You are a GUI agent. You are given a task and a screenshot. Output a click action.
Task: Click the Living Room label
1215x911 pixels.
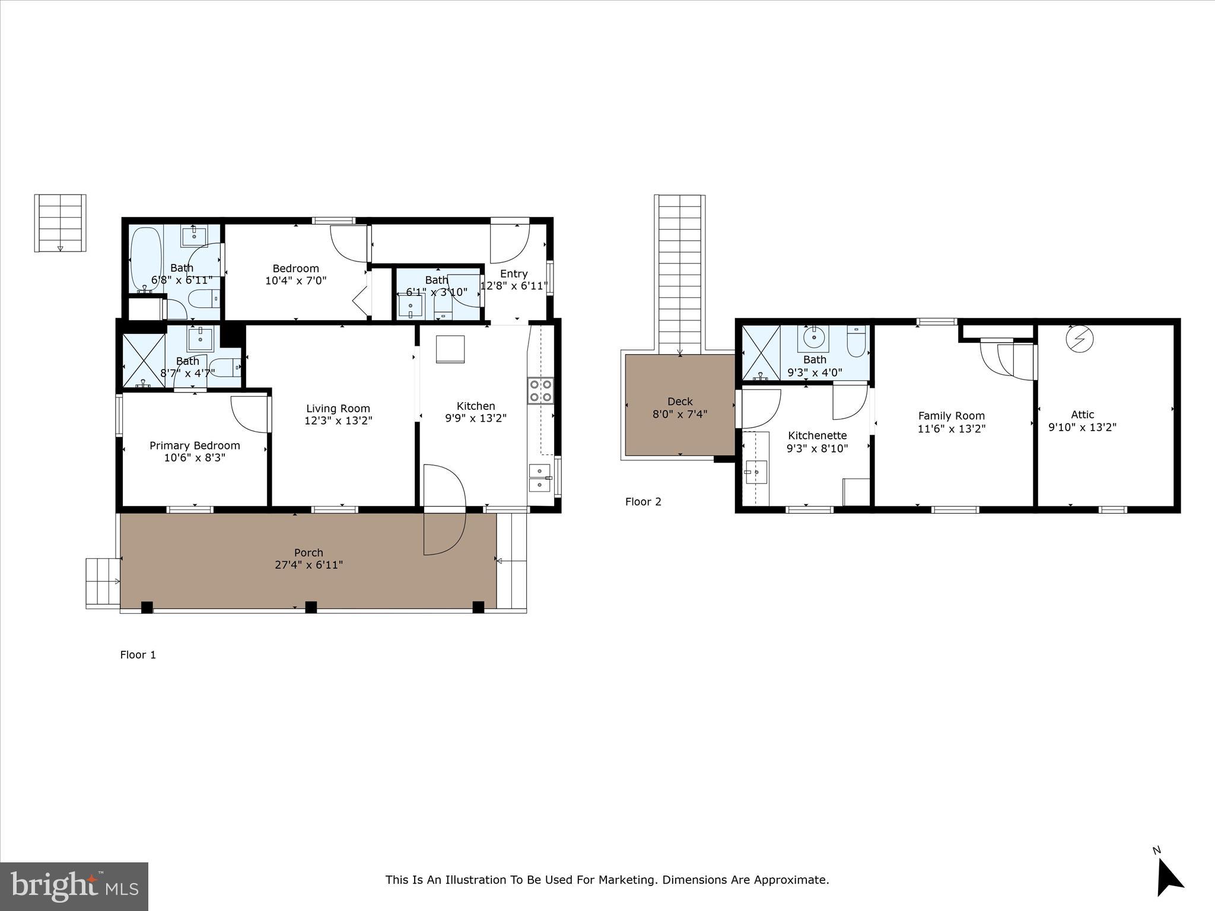pos(338,409)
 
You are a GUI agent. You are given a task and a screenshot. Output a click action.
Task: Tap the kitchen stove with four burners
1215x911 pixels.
pos(540,391)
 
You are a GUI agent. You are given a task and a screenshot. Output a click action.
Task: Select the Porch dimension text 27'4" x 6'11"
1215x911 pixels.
pos(308,565)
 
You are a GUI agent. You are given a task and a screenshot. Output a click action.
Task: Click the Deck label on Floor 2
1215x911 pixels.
pos(680,402)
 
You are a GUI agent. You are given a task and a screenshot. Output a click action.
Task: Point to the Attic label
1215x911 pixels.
pos(1082,415)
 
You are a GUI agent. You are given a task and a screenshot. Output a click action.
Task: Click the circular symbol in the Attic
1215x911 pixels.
pos(1079,339)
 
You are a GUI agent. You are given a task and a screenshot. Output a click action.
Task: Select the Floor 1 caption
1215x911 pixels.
pos(138,655)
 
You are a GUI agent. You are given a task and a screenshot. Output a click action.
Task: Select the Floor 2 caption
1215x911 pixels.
pos(643,502)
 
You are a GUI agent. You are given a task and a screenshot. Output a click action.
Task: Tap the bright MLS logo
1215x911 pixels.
pos(74,887)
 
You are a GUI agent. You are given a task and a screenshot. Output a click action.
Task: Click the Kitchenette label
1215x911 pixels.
pos(817,436)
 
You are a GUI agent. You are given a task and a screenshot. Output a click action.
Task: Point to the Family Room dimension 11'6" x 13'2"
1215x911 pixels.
pos(951,428)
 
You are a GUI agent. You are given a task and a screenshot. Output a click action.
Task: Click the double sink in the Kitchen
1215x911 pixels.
pos(539,478)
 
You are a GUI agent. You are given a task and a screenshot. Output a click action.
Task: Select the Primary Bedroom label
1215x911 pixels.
pos(195,445)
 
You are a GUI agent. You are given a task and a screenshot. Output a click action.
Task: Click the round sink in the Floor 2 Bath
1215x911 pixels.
pos(814,338)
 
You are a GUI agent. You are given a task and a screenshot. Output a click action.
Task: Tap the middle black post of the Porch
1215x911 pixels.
pos(310,607)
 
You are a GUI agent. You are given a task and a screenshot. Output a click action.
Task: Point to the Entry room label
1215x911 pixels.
pos(513,273)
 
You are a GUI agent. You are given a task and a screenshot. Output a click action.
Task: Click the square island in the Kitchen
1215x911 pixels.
pos(450,349)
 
